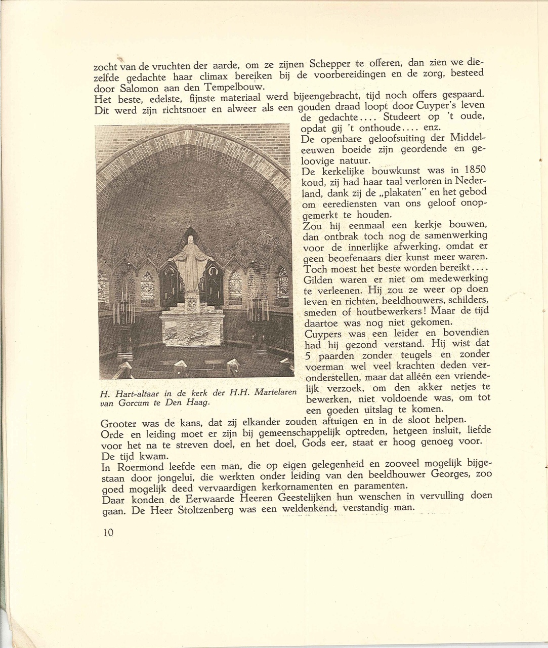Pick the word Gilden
point(319,280)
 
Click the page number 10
point(108,533)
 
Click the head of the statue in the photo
point(190,240)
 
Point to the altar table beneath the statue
point(192,329)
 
